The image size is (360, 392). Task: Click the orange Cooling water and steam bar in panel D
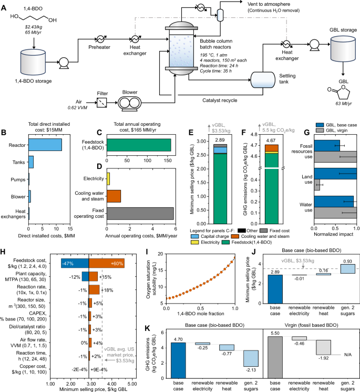114,196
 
